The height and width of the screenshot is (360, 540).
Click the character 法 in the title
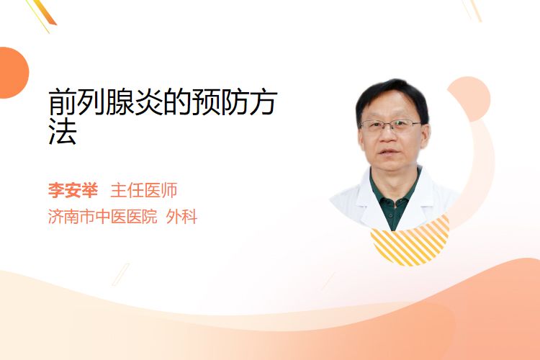(63, 131)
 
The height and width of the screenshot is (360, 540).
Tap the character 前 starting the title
(63, 102)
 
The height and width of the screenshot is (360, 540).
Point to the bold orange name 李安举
(73, 190)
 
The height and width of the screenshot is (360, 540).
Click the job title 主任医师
(144, 190)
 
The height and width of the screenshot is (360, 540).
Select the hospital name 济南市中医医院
(103, 217)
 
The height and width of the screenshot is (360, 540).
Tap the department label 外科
(181, 217)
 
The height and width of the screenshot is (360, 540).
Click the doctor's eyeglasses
(391, 125)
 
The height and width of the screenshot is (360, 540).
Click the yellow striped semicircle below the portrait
(410, 246)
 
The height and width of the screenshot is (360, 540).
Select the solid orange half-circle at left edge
(13, 73)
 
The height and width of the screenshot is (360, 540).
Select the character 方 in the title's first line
(263, 102)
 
